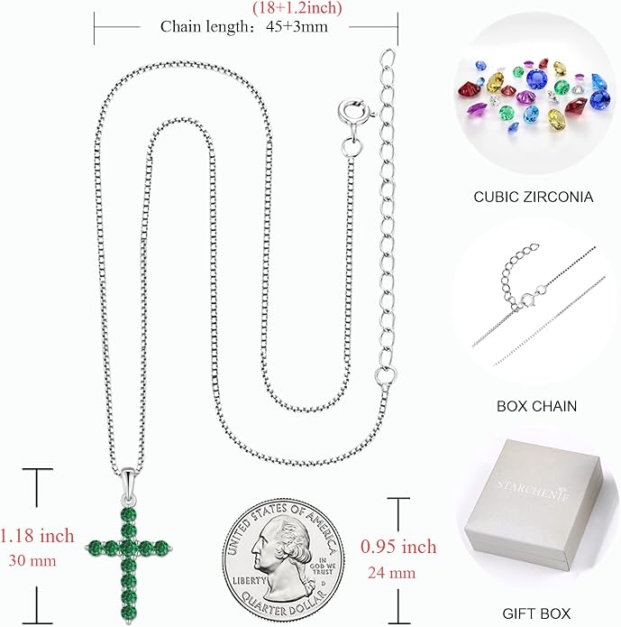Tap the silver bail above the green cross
point(128,483)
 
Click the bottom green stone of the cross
point(128,613)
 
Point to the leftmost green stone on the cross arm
point(96,548)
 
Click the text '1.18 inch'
point(37,536)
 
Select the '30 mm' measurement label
point(32,560)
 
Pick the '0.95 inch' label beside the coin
point(398,547)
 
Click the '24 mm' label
point(392,573)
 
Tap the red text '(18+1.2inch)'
point(297,8)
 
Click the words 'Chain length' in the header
point(205,27)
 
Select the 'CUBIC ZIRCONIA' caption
point(534,197)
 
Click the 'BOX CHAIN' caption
point(536,406)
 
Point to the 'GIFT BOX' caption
point(536,613)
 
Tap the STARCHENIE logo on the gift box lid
point(533,491)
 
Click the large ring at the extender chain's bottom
point(386,375)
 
